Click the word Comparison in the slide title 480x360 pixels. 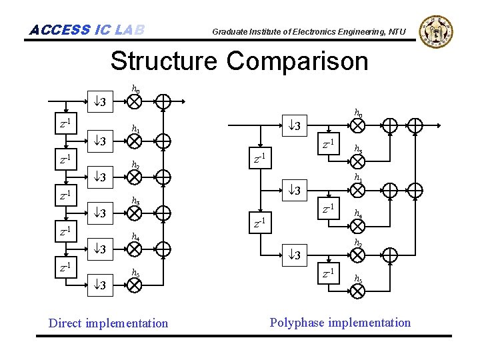click(x=297, y=61)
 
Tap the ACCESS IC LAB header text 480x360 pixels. click(x=87, y=30)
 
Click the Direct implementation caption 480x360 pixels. click(x=109, y=323)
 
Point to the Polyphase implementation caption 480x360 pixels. click(x=340, y=323)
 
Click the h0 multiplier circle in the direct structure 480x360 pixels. click(x=135, y=101)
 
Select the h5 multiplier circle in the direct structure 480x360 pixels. click(x=135, y=285)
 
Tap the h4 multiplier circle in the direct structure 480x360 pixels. click(x=135, y=248)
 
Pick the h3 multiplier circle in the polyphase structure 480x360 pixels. click(x=359, y=161)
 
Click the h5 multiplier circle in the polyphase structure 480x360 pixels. click(x=359, y=291)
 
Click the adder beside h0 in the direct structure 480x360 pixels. click(x=163, y=101)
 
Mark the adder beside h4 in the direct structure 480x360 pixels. click(x=163, y=248)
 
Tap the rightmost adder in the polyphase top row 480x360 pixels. click(x=415, y=125)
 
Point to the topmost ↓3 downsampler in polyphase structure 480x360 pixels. click(x=293, y=126)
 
